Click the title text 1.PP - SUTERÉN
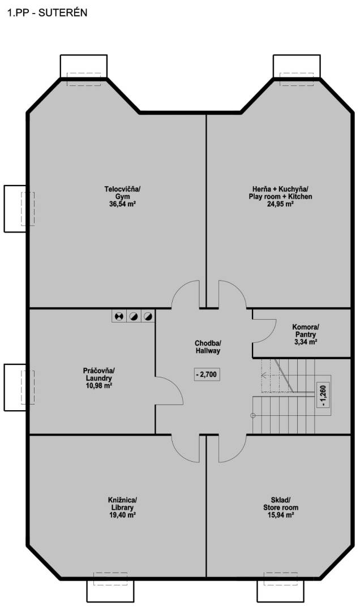coord(47,13)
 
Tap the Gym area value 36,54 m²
coord(122,204)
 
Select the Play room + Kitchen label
coord(280,196)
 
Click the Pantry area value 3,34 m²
coord(306,342)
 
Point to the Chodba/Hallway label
coord(208,347)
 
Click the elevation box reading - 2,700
coord(207,375)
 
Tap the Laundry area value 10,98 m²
coord(99,385)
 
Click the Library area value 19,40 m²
coord(122,515)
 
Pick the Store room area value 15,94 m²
coord(280,515)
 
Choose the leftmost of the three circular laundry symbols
coord(119,316)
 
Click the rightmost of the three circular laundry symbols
coord(147,316)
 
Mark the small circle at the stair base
coord(253,415)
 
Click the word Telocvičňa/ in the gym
coord(122,189)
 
